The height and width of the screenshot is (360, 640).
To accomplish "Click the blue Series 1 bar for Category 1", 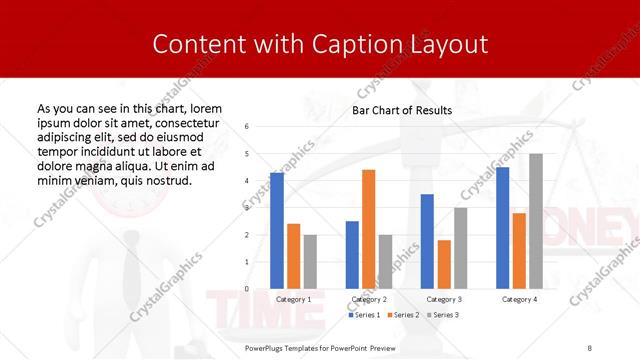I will coord(277,230).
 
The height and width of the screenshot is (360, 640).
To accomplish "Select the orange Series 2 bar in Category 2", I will coord(369,229).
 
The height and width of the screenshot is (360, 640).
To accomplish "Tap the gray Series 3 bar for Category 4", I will coord(536,221).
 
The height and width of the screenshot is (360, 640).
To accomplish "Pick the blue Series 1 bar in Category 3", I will coord(427,241).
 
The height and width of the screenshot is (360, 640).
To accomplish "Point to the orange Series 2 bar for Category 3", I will coord(444,264).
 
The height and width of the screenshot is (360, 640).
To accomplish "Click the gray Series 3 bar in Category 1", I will coord(310,261).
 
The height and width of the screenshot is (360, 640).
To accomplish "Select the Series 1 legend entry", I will coord(365,315).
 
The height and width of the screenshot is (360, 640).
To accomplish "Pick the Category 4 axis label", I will coord(519,299).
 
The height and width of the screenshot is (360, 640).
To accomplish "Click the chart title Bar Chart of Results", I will coord(402,110).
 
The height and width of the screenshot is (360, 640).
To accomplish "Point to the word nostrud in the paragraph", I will coord(167,181).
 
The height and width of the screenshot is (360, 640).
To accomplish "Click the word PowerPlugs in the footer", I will coord(267,347).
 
